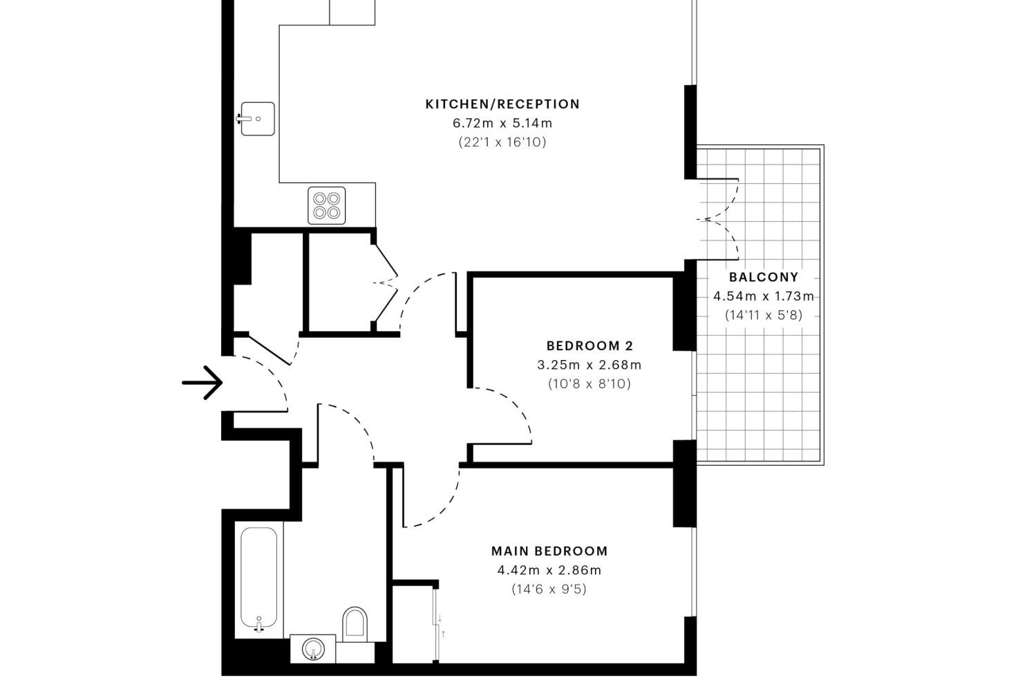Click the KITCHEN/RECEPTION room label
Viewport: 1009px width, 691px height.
pos(502,104)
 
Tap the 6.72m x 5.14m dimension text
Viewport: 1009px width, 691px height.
pos(502,123)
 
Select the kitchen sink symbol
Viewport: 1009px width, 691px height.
pos(256,119)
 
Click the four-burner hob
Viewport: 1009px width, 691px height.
pos(327,205)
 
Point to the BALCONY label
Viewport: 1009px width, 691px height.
pos(764,276)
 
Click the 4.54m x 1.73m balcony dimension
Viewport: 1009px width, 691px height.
pos(764,296)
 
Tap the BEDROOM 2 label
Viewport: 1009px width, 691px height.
pos(590,345)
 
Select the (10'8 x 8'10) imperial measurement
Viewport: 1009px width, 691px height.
pos(590,384)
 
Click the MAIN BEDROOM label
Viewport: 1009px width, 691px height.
pos(549,551)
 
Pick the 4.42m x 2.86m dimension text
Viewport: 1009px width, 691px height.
pos(549,570)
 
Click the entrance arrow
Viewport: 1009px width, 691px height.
pos(202,383)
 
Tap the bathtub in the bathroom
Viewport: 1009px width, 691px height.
pos(259,578)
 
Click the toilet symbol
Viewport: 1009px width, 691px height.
pos(355,623)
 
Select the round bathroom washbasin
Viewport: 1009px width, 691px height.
pos(313,649)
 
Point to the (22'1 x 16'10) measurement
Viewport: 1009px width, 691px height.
pos(502,142)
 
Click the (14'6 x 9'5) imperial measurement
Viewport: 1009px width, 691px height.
pos(549,589)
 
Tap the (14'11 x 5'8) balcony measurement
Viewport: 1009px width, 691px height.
pos(764,315)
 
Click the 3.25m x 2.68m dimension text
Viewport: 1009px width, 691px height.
pos(590,365)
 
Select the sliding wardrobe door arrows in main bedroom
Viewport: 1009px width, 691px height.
pos(442,626)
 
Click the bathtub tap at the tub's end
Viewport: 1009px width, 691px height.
pos(258,625)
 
